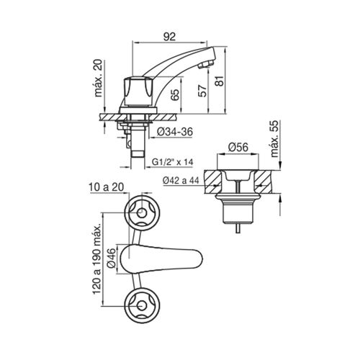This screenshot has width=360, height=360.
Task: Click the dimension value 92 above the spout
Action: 169,37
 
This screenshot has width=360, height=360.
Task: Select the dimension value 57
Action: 203,91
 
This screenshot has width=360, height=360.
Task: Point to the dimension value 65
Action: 175,95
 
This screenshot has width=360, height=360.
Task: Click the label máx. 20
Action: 98,78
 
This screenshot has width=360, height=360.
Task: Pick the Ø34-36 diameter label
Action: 175,132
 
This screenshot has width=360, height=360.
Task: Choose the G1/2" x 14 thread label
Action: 173,162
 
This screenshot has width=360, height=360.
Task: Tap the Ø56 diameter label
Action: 238,147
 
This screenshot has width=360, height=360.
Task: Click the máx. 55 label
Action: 274,139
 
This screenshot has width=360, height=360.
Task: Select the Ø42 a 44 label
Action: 181,180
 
